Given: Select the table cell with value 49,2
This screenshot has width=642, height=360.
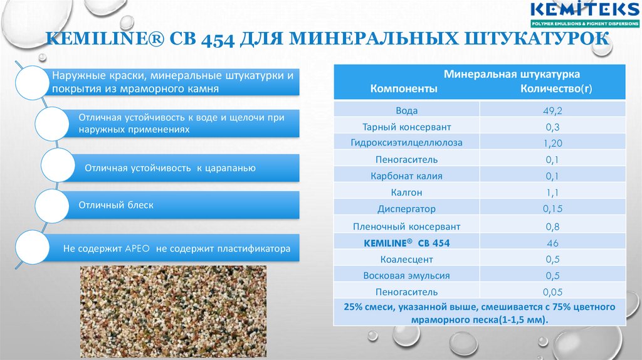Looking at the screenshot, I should tap(552, 110).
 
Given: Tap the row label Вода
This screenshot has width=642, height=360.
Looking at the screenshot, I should tap(406, 110).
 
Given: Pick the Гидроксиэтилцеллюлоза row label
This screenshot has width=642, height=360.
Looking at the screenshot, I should tap(407, 143).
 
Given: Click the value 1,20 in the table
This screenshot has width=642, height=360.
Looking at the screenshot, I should tap(552, 143).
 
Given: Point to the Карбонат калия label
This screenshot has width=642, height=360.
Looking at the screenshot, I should tap(406, 176).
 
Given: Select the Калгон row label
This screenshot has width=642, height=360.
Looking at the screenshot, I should tap(406, 193).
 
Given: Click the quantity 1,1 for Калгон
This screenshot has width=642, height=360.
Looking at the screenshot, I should tap(552, 193).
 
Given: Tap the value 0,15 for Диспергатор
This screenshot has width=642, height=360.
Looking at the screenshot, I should tap(552, 209).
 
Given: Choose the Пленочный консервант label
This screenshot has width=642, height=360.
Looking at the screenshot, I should tap(406, 226).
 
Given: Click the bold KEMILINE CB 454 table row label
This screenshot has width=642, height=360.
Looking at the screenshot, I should tap(406, 242).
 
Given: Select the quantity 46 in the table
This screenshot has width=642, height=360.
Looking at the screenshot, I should tap(552, 242).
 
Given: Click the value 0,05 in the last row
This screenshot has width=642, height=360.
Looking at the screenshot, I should tap(552, 292).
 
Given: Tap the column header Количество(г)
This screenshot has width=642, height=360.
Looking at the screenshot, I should tap(556, 89).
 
